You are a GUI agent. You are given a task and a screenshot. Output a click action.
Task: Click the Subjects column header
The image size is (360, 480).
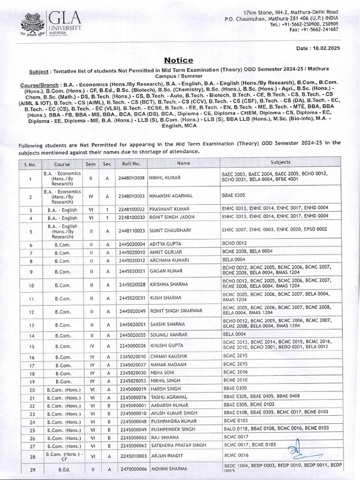coord(280,162)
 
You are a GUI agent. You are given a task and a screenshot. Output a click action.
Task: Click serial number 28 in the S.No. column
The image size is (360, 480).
coord(30,456)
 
